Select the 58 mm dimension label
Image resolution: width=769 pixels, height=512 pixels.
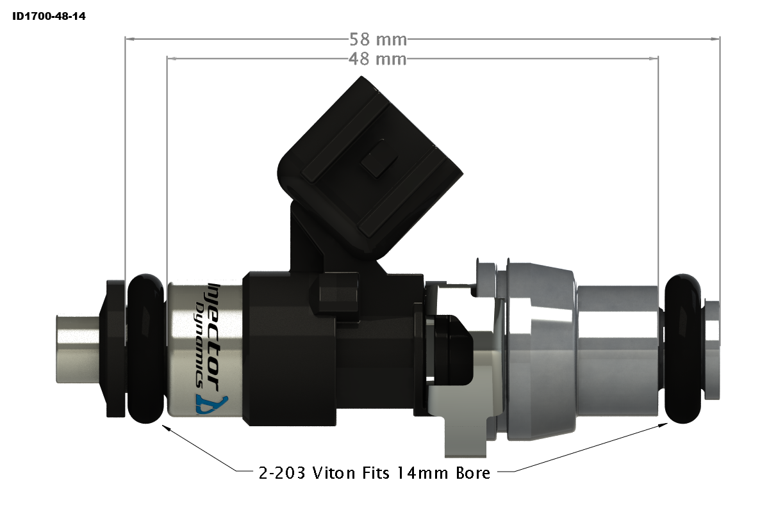378,40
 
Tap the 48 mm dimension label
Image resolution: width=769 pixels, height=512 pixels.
378,60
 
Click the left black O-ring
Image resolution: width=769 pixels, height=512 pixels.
147,349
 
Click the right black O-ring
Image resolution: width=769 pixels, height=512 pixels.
683,349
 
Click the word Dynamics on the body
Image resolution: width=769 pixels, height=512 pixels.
201,346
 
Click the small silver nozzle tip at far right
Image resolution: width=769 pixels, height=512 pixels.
712,349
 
